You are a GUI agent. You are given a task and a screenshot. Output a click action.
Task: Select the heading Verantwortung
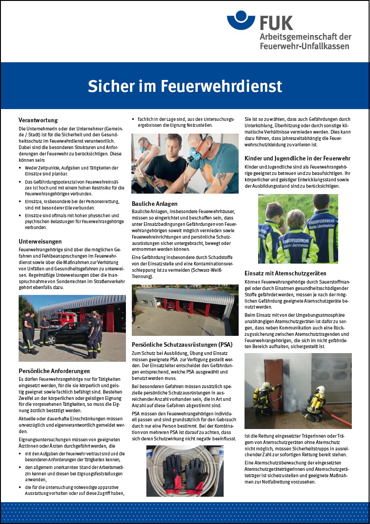tap(38, 120)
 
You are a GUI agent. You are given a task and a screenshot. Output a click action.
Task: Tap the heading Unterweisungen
tap(40, 241)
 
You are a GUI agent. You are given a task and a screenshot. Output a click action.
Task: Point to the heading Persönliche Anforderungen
tap(55, 371)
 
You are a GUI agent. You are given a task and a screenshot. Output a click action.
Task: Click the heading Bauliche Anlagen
tap(155, 204)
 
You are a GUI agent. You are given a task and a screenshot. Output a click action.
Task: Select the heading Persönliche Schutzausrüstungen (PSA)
tap(182, 344)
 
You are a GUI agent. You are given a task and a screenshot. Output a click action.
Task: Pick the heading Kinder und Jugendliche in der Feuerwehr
tap(297, 158)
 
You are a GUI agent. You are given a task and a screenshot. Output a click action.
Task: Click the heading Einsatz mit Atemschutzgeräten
tap(285, 273)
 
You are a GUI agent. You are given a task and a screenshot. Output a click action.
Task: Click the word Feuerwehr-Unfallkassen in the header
tap(305, 46)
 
